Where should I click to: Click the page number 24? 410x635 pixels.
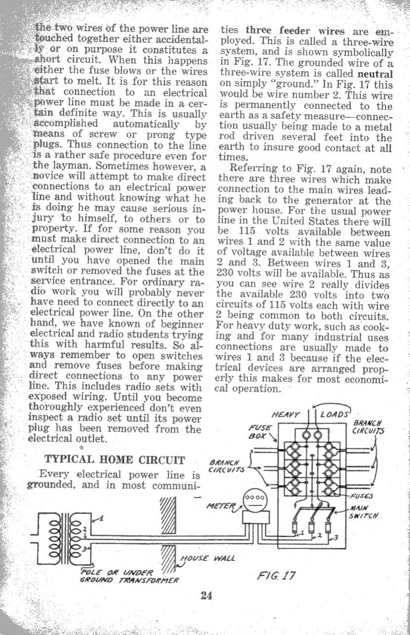pos(206,595)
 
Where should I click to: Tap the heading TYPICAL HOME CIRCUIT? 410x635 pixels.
pos(115,460)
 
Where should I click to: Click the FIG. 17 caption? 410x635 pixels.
pos(276,575)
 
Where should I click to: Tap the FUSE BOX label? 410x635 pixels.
pos(260,432)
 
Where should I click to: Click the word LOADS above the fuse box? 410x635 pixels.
pos(335,414)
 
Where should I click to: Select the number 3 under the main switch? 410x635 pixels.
pos(337,537)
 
